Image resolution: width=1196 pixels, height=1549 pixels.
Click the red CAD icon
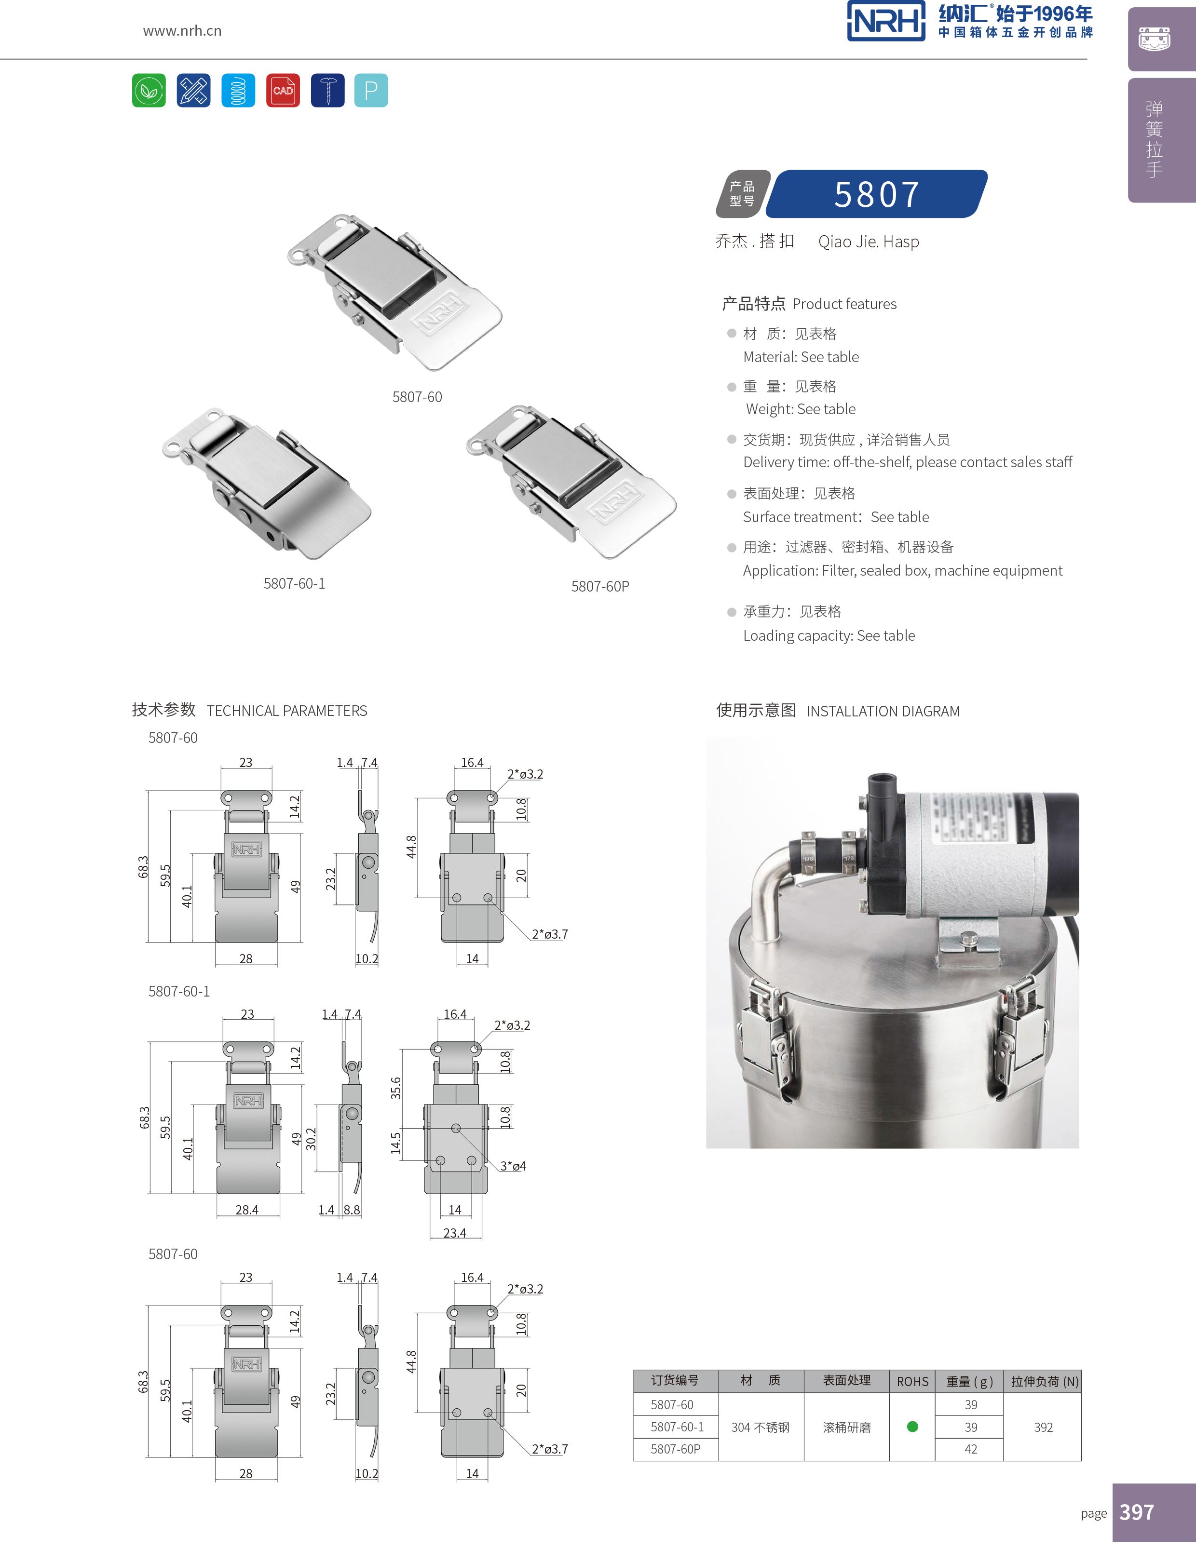click(x=282, y=90)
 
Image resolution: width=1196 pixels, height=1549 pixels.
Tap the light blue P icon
click(x=370, y=90)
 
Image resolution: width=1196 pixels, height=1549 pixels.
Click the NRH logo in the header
click(x=885, y=21)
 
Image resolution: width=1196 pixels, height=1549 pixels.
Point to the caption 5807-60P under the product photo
click(x=600, y=587)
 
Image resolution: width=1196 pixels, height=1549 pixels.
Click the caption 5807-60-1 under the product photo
click(x=294, y=584)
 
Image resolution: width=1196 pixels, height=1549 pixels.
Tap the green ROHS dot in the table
click(x=912, y=1426)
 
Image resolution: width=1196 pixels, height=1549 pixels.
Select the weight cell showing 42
click(x=970, y=1449)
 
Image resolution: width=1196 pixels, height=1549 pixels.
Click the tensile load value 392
click(x=1043, y=1427)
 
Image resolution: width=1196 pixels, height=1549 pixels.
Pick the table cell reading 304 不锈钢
click(x=761, y=1427)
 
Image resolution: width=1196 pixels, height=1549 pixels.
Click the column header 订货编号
click(x=675, y=1380)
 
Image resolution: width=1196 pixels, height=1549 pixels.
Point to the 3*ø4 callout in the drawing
click(x=513, y=1166)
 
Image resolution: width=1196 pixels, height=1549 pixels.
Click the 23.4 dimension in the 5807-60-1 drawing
click(x=455, y=1233)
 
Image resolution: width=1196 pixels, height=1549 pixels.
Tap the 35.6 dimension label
click(x=396, y=1088)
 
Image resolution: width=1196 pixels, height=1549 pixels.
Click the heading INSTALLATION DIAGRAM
click(x=883, y=712)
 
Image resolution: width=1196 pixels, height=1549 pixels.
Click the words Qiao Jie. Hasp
click(x=868, y=242)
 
